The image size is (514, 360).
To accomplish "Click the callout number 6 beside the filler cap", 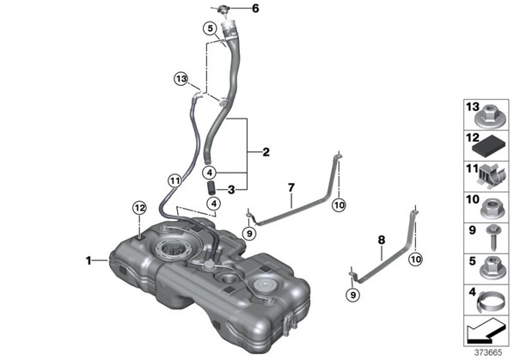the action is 255,9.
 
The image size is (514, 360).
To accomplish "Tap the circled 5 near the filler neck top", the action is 210,28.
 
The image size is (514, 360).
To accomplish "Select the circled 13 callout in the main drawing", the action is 181,79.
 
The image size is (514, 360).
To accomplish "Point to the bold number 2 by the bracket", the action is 266,152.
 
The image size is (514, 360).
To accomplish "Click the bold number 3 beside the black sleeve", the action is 231,189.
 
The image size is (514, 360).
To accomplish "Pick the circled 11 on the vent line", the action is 174,180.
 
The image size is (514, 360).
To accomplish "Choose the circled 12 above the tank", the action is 139,208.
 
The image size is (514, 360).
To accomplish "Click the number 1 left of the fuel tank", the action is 89,260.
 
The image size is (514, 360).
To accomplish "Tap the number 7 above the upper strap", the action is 291,187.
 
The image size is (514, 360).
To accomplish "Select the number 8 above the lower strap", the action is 382,240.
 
